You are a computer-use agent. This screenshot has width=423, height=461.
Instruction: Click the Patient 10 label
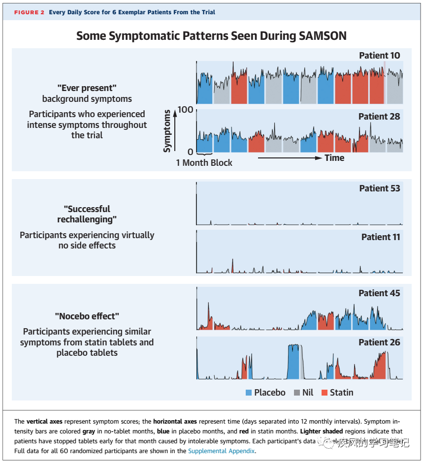pos(379,56)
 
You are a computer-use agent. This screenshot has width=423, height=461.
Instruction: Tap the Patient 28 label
pos(379,117)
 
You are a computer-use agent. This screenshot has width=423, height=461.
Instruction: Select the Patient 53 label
pos(379,188)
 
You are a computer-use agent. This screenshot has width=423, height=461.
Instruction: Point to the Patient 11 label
pos(381,237)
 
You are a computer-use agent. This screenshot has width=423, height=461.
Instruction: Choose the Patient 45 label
pos(379,293)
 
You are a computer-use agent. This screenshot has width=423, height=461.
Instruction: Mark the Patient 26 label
pos(379,342)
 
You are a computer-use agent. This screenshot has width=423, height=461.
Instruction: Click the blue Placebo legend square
pos(249,393)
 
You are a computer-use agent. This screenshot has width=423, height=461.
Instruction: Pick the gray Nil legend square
pos(296,393)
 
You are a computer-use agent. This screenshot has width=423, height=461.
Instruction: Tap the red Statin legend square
pos(324,393)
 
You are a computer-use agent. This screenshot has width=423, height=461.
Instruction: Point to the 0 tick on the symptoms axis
pos(190,152)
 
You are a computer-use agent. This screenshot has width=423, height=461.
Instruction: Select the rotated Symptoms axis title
pos(167,130)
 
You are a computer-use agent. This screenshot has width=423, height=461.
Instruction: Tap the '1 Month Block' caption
pos(204,162)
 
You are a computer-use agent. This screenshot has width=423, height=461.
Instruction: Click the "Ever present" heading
pos(87,88)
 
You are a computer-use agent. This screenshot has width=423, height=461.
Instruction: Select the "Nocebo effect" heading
pos(87,316)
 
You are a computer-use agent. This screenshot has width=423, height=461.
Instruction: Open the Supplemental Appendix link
pos(221,451)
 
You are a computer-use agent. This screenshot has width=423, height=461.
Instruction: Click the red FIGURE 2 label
pos(29,12)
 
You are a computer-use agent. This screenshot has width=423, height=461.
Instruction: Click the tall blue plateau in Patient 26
pos(293,362)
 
